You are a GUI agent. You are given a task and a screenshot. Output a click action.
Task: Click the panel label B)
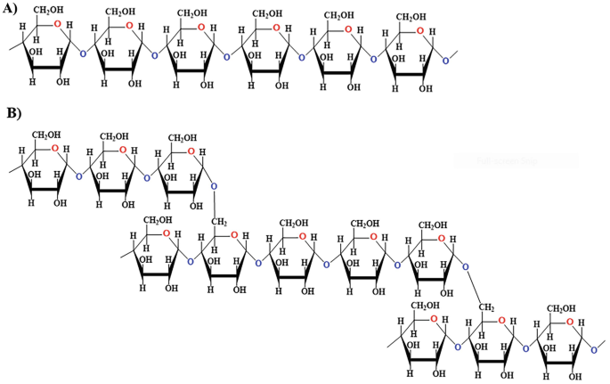pyautogui.click(x=13, y=114)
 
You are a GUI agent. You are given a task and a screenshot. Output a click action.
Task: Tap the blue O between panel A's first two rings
pyautogui.click(x=83, y=54)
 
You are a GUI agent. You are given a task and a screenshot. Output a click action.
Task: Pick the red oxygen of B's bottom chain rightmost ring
pyautogui.click(x=573, y=321)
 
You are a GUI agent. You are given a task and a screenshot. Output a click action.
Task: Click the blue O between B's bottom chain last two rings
pyautogui.click(x=527, y=348)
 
